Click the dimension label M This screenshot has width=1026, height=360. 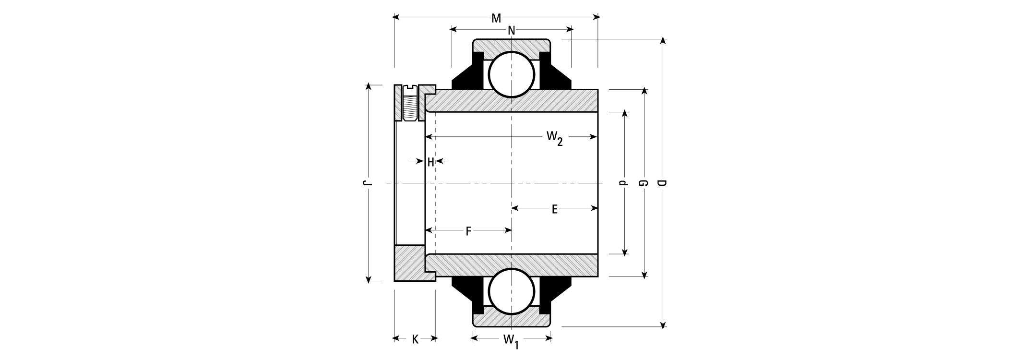pos(496,18)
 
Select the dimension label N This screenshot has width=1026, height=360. pos(512,31)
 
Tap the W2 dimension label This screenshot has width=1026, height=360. pos(554,138)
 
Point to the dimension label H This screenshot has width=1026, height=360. pos(431,162)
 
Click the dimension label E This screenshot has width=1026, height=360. pos(554,209)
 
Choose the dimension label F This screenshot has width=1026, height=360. pos(468,231)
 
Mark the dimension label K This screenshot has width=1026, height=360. pos(415,339)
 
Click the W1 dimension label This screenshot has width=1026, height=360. pos(511,340)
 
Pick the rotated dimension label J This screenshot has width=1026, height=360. pos(367,183)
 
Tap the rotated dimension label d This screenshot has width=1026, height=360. pos(623,183)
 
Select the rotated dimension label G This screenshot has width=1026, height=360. pos(643,183)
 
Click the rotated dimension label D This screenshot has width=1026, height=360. pos(662,183)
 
